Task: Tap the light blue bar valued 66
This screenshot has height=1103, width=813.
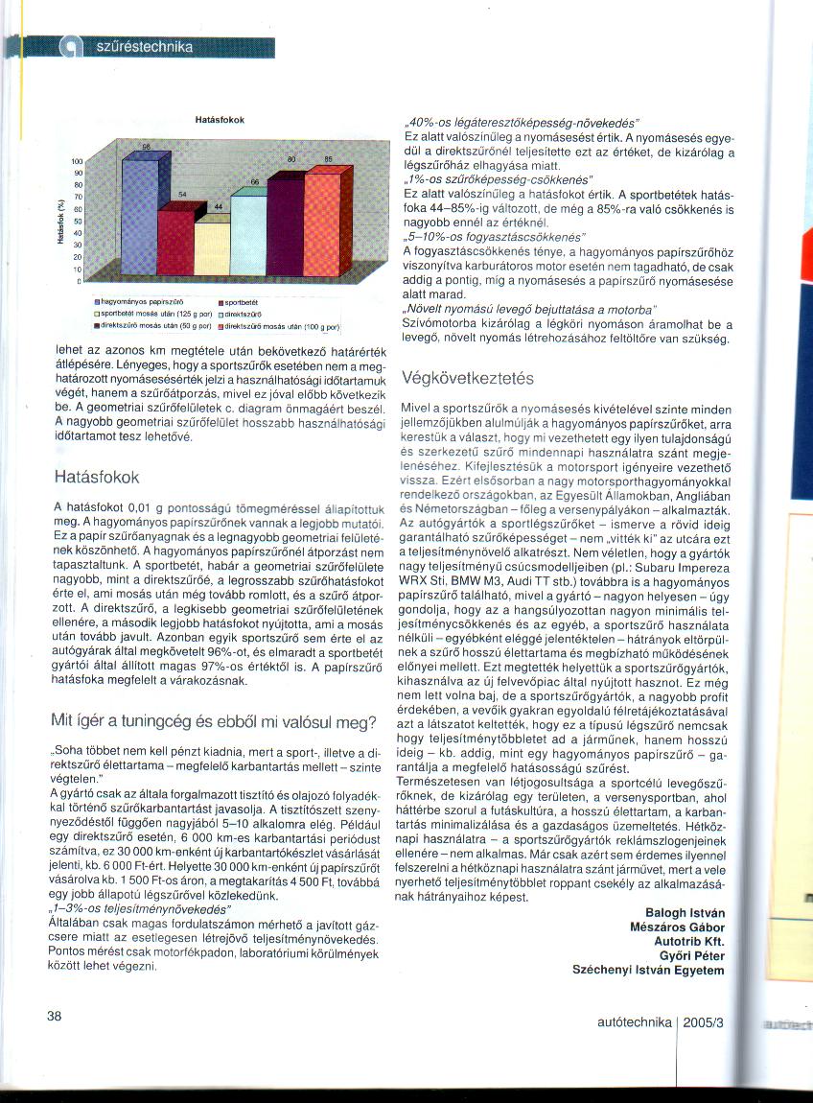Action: pos(248,234)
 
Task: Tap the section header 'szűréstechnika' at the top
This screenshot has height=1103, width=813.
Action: pos(145,47)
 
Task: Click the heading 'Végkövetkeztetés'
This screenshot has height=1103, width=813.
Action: pos(467,377)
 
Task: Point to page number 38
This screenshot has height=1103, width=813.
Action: pos(55,1016)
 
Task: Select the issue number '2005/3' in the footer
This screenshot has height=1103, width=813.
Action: pos(705,1022)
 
